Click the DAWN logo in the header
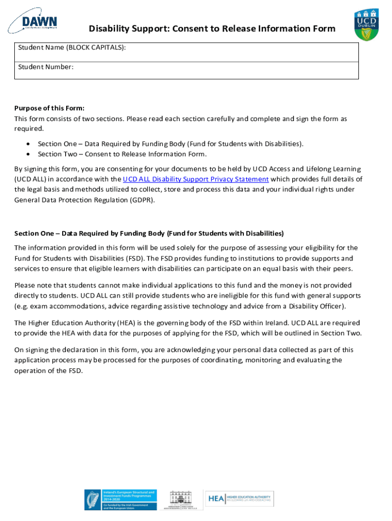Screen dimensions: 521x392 [33, 21]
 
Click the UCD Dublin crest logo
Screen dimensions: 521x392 [366, 24]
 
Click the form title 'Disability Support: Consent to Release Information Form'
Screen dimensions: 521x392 [212, 28]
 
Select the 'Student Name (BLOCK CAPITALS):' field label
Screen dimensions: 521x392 [72, 47]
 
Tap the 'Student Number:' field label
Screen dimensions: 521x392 [46, 67]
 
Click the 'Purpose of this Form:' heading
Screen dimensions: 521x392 [49, 108]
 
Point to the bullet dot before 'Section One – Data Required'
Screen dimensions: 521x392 [27, 144]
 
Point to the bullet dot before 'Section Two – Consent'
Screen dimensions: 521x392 [27, 154]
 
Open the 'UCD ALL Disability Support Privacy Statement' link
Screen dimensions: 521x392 [195, 179]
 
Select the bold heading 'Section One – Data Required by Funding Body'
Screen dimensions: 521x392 [149, 234]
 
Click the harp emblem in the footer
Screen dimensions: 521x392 [93, 500]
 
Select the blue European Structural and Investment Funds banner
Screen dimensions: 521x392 [129, 500]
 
